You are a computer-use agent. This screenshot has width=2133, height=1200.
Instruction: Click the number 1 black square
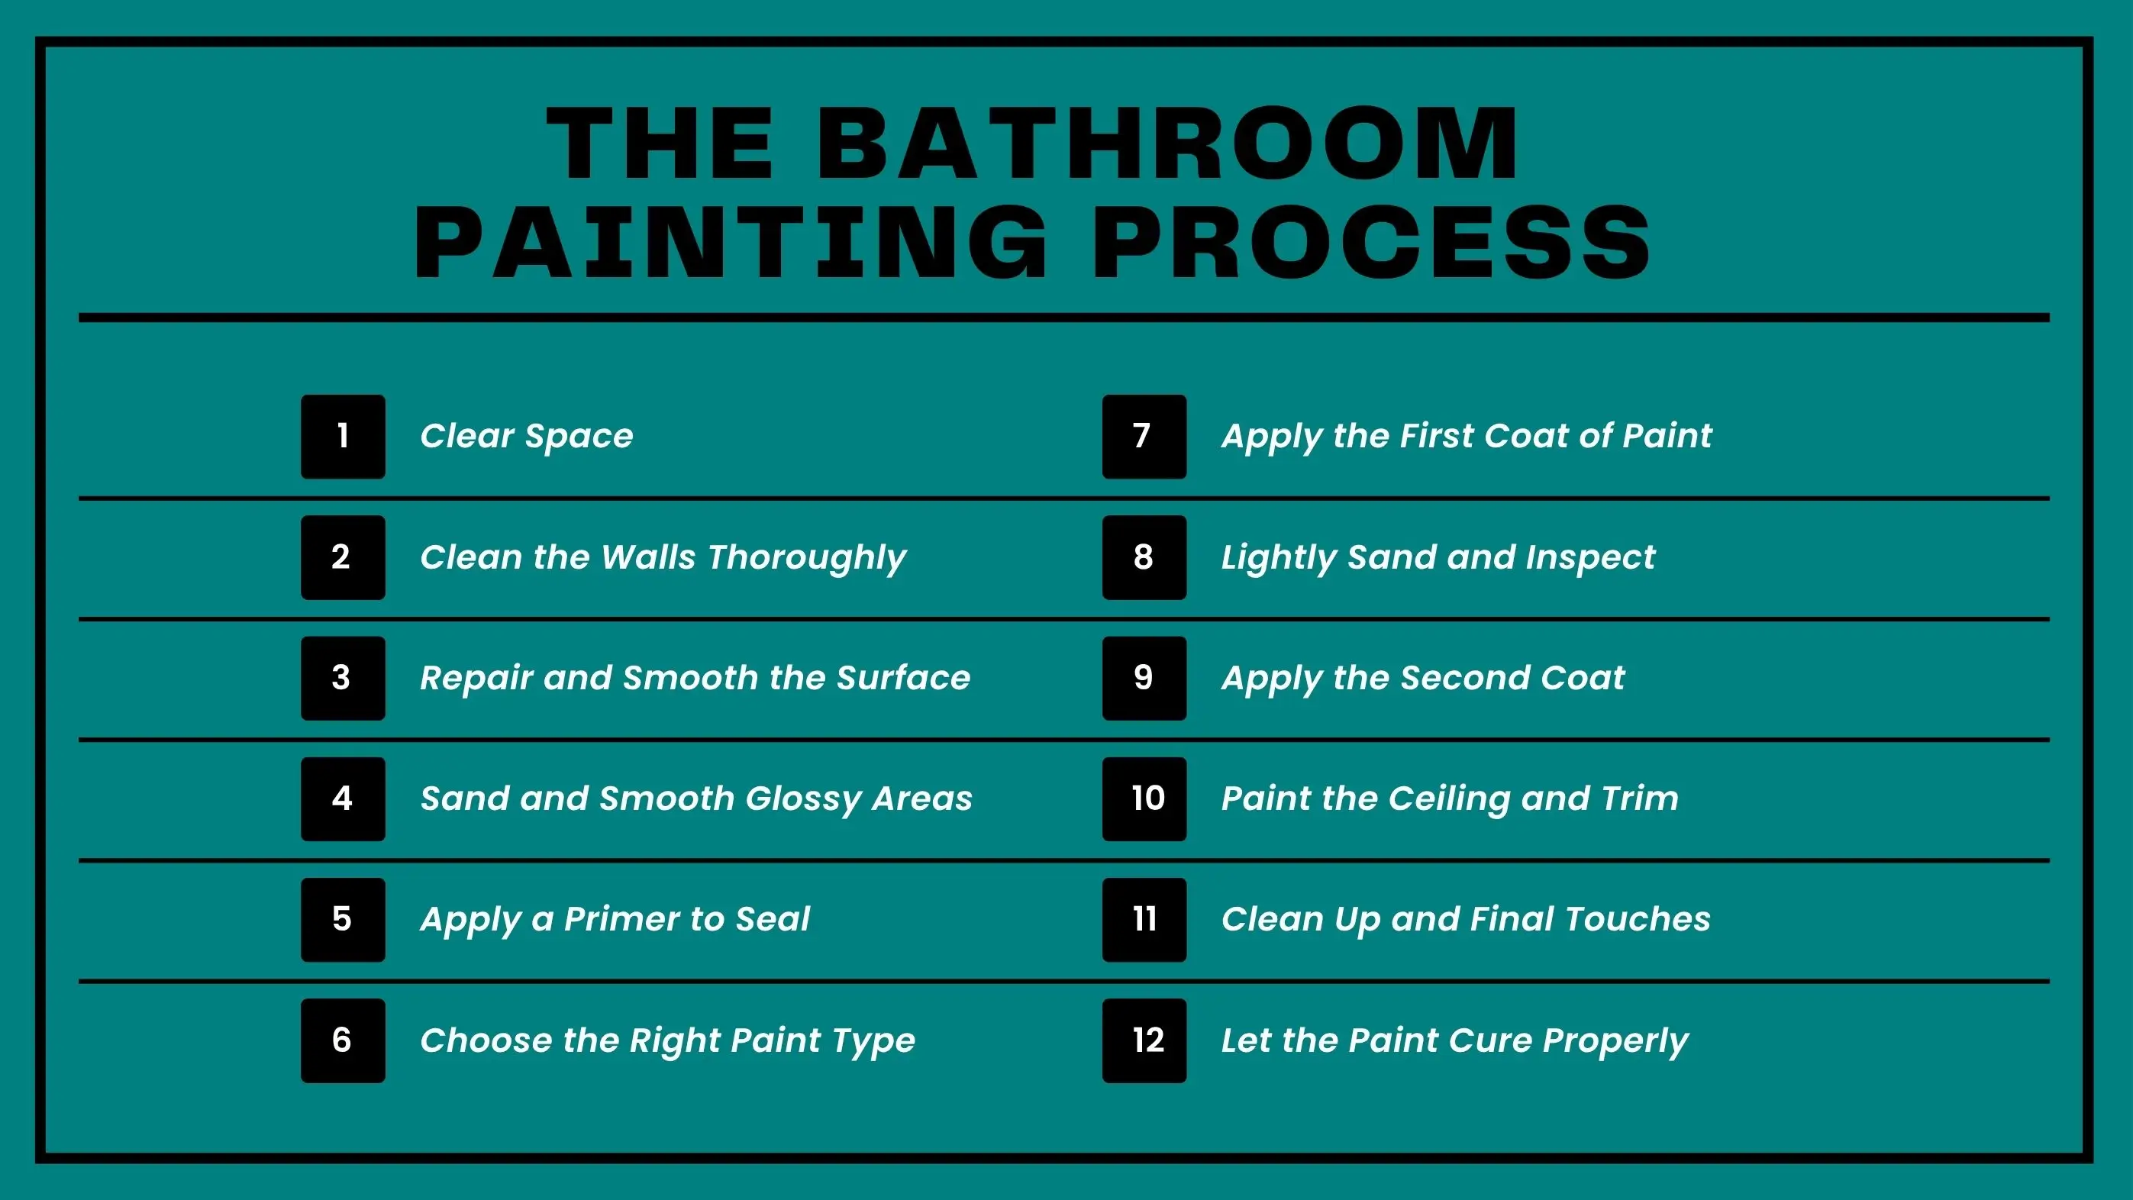[343, 437]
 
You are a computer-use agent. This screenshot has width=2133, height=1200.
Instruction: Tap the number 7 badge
[1144, 437]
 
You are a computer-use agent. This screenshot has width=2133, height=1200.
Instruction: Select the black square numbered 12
[1144, 1040]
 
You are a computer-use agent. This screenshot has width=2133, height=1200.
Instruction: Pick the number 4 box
[343, 799]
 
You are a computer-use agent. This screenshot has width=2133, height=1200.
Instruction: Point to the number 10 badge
[1144, 799]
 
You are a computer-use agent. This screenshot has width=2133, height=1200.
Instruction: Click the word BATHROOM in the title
[1167, 144]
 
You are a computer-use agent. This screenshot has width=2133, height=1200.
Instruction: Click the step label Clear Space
[527, 436]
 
